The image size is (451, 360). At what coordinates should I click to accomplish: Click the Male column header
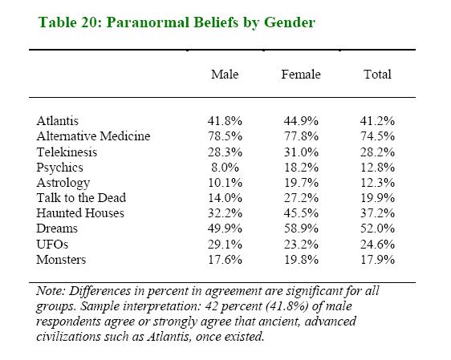click(225, 75)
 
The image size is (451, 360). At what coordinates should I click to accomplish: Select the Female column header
click(301, 75)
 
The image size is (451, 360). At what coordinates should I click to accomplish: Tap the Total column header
click(377, 75)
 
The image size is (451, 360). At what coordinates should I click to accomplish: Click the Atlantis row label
click(57, 121)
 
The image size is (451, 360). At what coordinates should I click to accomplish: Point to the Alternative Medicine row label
click(93, 136)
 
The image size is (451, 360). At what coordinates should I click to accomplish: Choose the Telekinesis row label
click(67, 152)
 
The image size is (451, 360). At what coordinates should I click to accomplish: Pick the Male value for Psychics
click(225, 168)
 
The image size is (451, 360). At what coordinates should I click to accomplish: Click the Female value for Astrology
click(301, 183)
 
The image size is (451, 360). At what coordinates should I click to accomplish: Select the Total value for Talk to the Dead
click(377, 198)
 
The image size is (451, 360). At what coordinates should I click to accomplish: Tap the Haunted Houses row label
click(80, 213)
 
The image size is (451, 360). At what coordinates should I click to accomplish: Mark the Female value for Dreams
click(301, 229)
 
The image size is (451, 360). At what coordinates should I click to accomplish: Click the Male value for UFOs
click(225, 245)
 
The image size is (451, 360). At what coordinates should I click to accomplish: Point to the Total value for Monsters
click(377, 260)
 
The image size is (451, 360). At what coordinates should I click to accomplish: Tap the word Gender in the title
click(290, 22)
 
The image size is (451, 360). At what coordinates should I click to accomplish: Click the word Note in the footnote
click(51, 291)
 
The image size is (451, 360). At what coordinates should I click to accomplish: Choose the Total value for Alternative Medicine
click(377, 136)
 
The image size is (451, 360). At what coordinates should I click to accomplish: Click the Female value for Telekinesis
click(301, 152)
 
